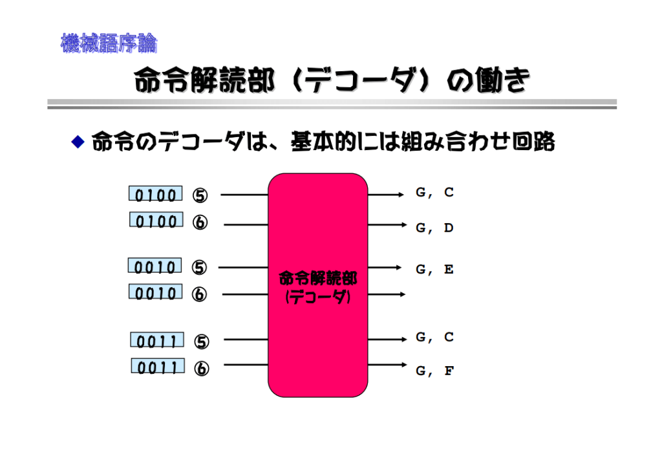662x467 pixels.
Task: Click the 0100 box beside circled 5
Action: [x=155, y=194]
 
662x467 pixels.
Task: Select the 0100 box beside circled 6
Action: [x=156, y=221]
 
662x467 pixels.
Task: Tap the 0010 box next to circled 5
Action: [x=155, y=266]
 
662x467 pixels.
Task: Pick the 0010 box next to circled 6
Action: [x=156, y=294]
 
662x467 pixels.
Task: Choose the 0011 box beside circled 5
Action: [x=157, y=340]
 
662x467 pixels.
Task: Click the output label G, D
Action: [x=434, y=228]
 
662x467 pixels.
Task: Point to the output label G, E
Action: [x=434, y=270]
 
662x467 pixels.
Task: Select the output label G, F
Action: [x=434, y=371]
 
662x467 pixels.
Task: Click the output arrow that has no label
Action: [x=387, y=295]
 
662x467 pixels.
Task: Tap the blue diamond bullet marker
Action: [x=78, y=142]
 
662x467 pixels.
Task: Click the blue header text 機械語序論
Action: [x=109, y=44]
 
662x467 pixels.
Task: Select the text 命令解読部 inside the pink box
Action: [x=317, y=279]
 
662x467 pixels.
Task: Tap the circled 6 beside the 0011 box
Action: [x=202, y=369]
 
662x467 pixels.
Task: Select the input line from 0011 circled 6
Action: [x=246, y=365]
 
